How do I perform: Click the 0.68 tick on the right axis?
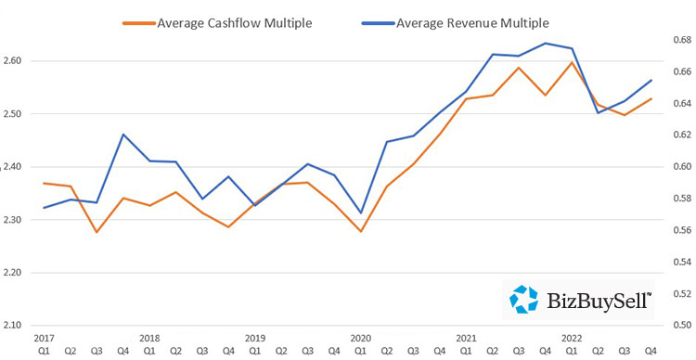(682, 41)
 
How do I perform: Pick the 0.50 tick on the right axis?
(682, 326)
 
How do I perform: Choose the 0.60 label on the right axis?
(682, 167)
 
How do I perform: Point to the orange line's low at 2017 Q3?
(97, 232)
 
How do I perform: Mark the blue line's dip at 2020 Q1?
(361, 213)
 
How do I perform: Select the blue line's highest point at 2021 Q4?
(547, 43)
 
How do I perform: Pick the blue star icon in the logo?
(525, 299)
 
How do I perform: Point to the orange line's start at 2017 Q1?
(44, 183)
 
